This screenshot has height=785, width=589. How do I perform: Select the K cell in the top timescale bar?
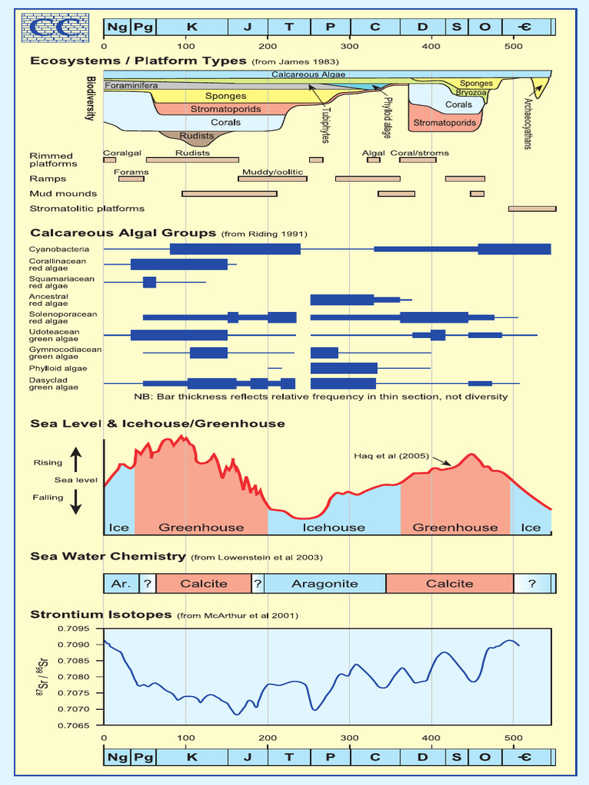pos(191,27)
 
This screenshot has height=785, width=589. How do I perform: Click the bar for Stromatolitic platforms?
pos(532,209)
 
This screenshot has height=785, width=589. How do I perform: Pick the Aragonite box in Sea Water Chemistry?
pos(324,583)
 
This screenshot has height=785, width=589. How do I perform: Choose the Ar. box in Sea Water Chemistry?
pos(121,583)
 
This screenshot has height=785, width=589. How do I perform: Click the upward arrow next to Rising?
pos(76,461)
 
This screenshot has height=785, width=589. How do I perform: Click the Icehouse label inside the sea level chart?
pos(334,527)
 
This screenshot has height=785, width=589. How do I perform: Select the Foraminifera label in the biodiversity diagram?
pos(131,86)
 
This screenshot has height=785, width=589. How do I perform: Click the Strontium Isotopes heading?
pos(101,614)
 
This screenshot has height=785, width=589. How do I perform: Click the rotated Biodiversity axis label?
pos(92,98)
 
